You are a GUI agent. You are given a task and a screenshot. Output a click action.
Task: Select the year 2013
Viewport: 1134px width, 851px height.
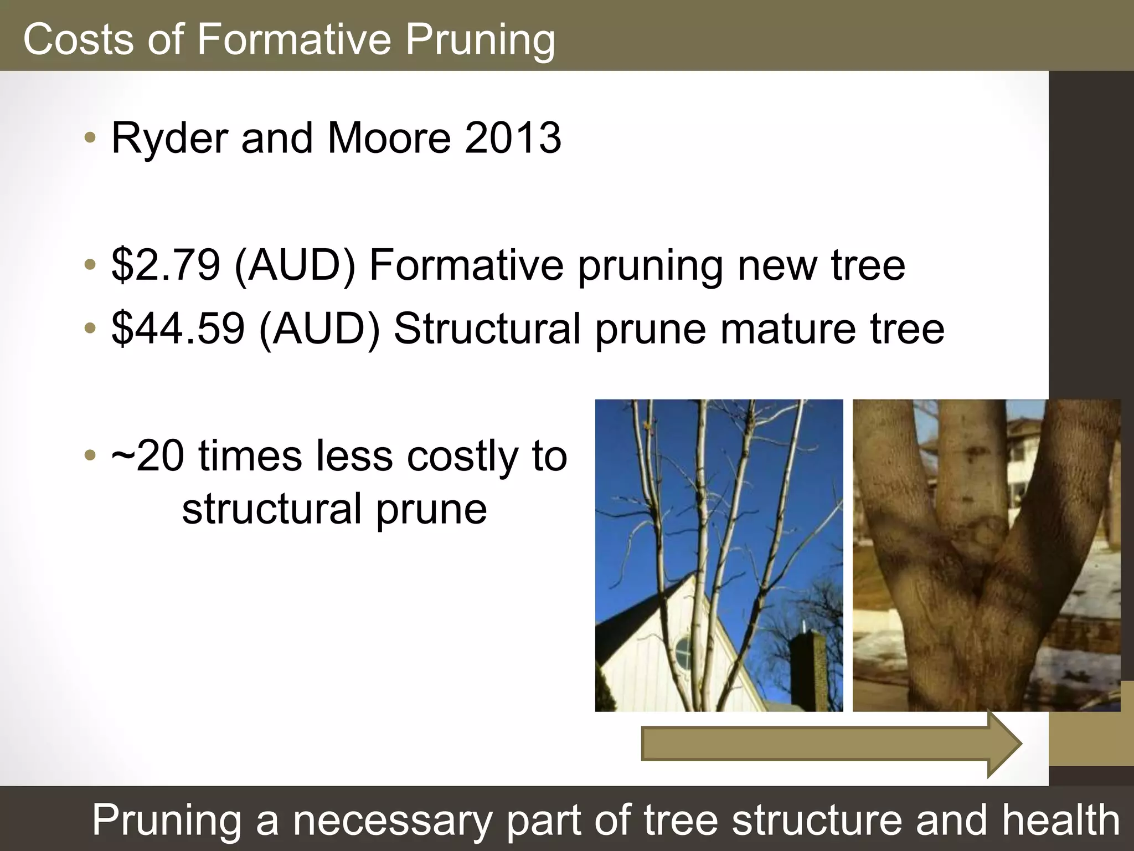pyautogui.click(x=513, y=138)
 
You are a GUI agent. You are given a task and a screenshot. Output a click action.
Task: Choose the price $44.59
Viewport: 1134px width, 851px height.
pyautogui.click(x=178, y=329)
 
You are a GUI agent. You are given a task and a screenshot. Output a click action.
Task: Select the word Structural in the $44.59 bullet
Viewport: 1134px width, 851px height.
pyautogui.click(x=487, y=329)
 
